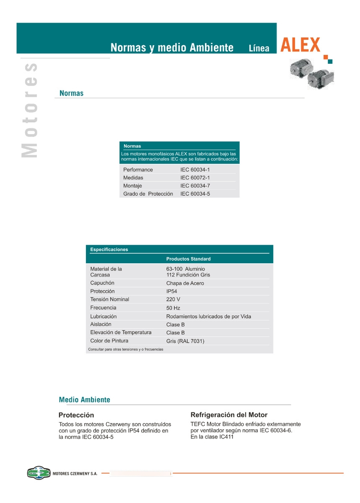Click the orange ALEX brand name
coord(300,45)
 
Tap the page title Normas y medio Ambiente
coord(172,48)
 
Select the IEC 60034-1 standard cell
coord(195,170)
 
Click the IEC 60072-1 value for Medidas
coord(195,178)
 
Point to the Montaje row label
coord(132,186)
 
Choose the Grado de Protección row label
coord(148,194)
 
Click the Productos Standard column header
coord(188,259)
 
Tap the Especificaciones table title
coord(109,249)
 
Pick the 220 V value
coord(174,300)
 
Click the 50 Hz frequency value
coord(173,308)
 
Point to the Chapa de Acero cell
coord(185,283)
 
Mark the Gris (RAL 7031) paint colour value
coord(185,341)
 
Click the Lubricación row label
coord(104,316)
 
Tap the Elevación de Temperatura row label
coord(121,332)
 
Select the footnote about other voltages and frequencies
coord(126,349)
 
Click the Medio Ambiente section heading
coord(85,400)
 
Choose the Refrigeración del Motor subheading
coord(229,415)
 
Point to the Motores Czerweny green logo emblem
coord(39,473)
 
